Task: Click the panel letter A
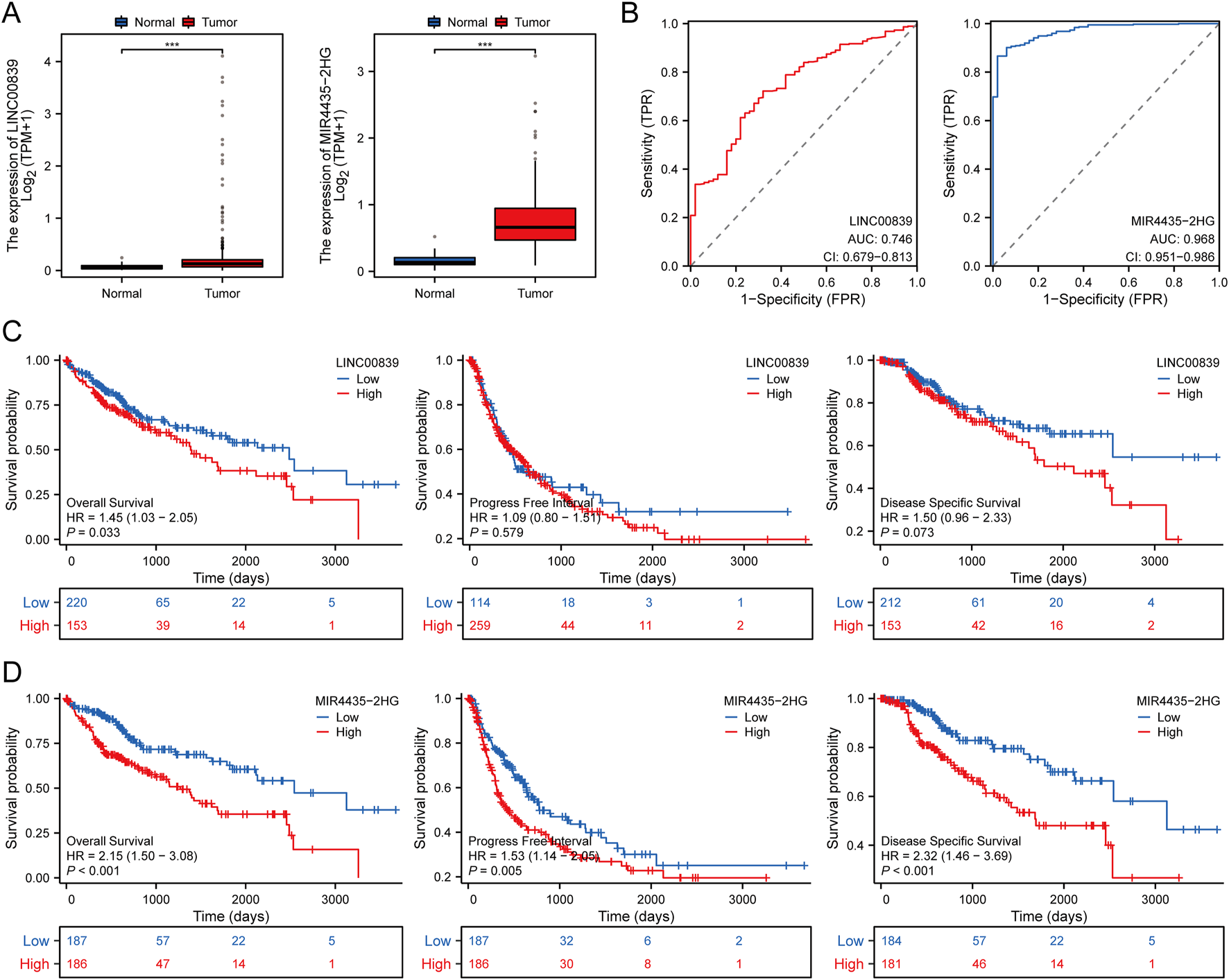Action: click(x=12, y=13)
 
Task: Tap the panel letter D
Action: click(x=12, y=671)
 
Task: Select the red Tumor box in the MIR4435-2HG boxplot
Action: click(x=535, y=224)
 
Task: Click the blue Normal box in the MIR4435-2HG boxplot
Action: click(x=435, y=261)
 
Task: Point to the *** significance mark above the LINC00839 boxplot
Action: click(x=172, y=45)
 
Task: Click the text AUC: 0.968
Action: click(x=1182, y=239)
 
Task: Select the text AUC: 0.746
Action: click(x=879, y=239)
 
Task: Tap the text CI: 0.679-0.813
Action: click(x=868, y=257)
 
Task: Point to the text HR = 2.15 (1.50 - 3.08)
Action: click(x=132, y=856)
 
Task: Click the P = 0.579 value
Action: click(x=497, y=533)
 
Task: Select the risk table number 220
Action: click(x=77, y=603)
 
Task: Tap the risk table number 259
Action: click(x=480, y=626)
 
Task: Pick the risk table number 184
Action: click(x=891, y=941)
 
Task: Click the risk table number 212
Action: click(x=891, y=603)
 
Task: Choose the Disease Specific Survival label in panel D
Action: click(x=951, y=841)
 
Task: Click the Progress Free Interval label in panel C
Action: click(x=531, y=503)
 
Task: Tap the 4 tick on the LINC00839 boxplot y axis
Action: click(x=48, y=62)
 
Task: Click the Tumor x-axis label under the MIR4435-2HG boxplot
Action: click(x=535, y=293)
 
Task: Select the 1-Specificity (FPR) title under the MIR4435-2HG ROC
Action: click(x=1105, y=300)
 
